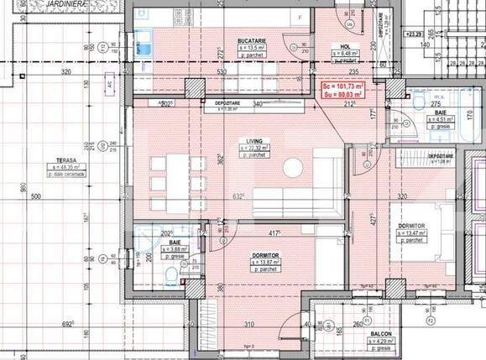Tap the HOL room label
pyautogui.click(x=345, y=47)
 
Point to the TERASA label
pyautogui.click(x=62, y=160)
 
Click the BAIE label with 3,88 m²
pyautogui.click(x=174, y=241)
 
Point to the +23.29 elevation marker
pyautogui.click(x=413, y=35)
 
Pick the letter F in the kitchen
pyautogui.click(x=300, y=17)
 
